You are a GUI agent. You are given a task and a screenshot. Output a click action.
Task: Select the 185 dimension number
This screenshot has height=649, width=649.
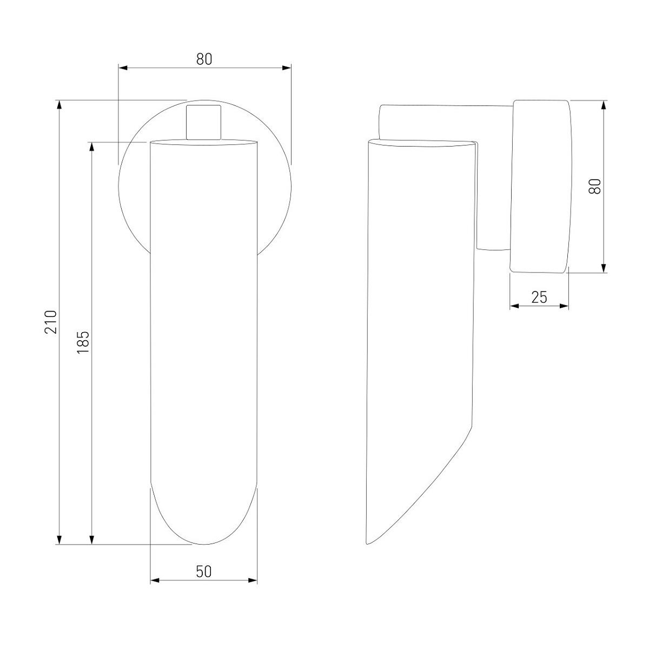coord(83,342)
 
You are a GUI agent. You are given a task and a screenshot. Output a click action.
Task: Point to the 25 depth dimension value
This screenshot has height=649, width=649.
coord(539,297)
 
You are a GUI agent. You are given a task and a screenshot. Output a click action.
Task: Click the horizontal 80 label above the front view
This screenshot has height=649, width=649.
coord(204,59)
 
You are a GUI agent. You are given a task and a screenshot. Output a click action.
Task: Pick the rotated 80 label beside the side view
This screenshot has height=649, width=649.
coord(595,186)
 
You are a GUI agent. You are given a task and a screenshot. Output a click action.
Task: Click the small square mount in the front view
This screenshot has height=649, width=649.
coord(204,122)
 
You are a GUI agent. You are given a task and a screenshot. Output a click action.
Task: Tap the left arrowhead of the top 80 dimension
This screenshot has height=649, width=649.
coord(123,68)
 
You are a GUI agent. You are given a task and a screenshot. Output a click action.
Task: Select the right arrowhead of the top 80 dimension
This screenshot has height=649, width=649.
coord(287,68)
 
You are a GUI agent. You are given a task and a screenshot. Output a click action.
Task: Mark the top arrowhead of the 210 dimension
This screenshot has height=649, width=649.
coord(59,104)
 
